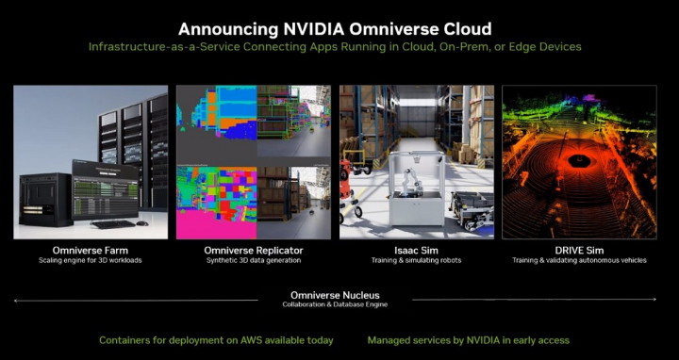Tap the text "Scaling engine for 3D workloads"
click(91, 260)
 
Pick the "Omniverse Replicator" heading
click(253, 250)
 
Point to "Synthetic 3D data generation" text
click(253, 260)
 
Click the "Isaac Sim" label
click(416, 250)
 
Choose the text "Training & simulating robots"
click(416, 260)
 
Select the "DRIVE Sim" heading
click(579, 250)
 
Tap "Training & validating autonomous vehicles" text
click(579, 260)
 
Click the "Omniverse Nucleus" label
click(336, 295)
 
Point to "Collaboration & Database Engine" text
click(336, 304)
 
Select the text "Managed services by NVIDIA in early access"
click(469, 339)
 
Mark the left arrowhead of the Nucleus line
click(16, 300)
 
